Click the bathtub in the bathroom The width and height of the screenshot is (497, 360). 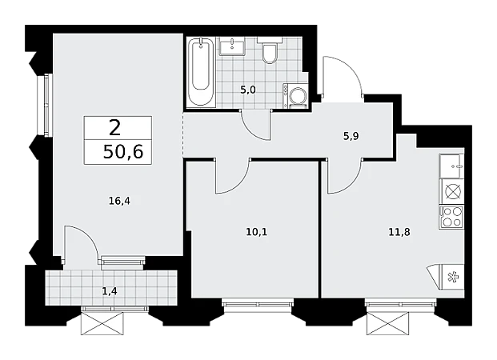[x=201, y=72]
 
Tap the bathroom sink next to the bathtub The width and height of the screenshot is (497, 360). [x=232, y=46]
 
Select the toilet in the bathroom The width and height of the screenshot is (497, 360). [x=270, y=50]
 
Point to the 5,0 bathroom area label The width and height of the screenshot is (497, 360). [x=248, y=90]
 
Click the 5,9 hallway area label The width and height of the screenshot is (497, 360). [x=351, y=136]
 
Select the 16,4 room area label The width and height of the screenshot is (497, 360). [x=119, y=201]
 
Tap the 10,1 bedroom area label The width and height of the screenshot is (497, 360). [x=257, y=232]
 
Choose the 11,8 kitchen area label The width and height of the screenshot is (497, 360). [x=399, y=232]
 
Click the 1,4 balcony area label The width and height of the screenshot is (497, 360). [x=110, y=291]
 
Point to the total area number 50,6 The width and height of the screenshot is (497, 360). [x=123, y=152]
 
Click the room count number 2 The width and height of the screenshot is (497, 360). [x=114, y=128]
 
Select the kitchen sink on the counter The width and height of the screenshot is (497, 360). [x=451, y=166]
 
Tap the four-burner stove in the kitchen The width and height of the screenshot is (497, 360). [x=451, y=217]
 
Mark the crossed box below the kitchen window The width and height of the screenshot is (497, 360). [x=387, y=323]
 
